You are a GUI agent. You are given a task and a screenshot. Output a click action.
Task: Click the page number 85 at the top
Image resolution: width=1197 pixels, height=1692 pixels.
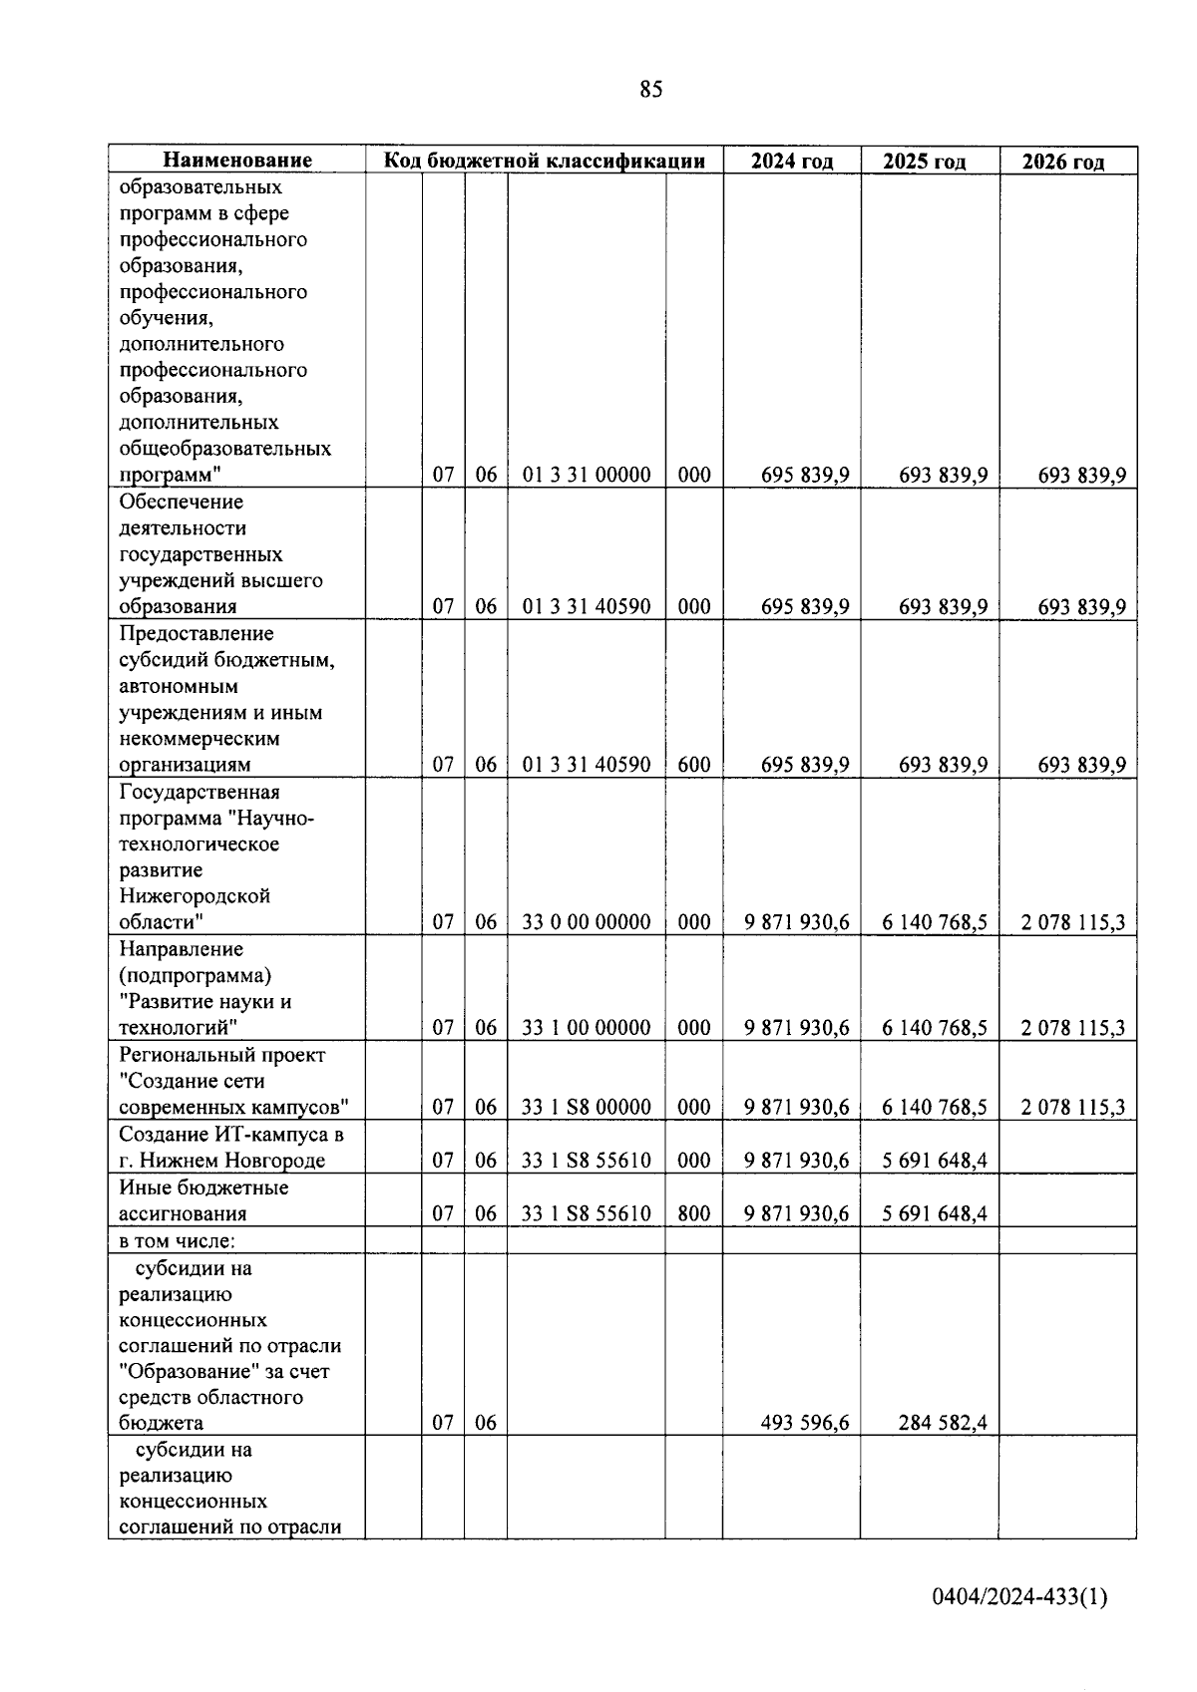[x=650, y=90]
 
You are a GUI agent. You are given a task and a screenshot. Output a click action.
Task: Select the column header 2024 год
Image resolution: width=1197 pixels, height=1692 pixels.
[x=792, y=162]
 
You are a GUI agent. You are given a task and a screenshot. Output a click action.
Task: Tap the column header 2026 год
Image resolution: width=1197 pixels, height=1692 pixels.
[x=1066, y=162]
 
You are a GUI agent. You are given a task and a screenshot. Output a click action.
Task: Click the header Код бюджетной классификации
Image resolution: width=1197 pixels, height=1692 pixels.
[x=545, y=161]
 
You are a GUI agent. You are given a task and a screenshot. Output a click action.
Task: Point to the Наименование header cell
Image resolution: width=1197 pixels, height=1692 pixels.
[x=237, y=161]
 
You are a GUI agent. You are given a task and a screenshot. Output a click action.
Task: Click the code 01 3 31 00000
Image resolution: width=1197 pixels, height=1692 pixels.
[x=587, y=475]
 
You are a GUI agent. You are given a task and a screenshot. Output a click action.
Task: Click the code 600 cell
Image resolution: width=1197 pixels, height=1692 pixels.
[x=694, y=765]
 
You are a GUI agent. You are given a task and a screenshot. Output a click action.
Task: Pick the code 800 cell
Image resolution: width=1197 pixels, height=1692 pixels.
[x=694, y=1213]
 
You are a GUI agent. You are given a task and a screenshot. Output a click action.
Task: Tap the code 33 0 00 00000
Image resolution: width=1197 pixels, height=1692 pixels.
[x=587, y=922]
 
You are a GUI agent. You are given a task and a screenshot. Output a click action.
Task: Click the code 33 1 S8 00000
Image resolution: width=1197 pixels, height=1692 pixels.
[x=587, y=1107]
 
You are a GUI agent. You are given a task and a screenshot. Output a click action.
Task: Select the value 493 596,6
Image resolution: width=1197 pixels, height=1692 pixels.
[x=805, y=1423]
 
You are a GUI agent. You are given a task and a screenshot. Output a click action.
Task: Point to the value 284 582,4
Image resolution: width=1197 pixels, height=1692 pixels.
[x=943, y=1423]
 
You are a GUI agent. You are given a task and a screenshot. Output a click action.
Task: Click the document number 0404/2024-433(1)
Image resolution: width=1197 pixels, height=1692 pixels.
[x=1019, y=1597]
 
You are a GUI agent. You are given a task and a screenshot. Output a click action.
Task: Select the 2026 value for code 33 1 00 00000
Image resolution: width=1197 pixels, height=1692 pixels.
[x=1072, y=1028]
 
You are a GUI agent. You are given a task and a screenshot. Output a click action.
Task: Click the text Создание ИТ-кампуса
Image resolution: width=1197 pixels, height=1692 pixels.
[x=222, y=1134]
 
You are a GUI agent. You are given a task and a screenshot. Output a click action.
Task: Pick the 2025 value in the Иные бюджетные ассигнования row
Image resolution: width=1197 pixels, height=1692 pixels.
[x=935, y=1213]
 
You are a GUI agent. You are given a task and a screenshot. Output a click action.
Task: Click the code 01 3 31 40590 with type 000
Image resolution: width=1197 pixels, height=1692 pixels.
[x=587, y=606]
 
